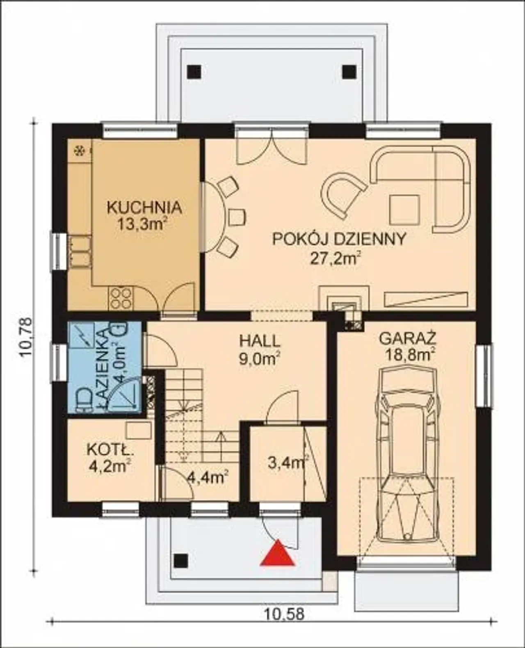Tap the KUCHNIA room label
point(145,208)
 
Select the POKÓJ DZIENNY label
point(339,239)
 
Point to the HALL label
point(260,341)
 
